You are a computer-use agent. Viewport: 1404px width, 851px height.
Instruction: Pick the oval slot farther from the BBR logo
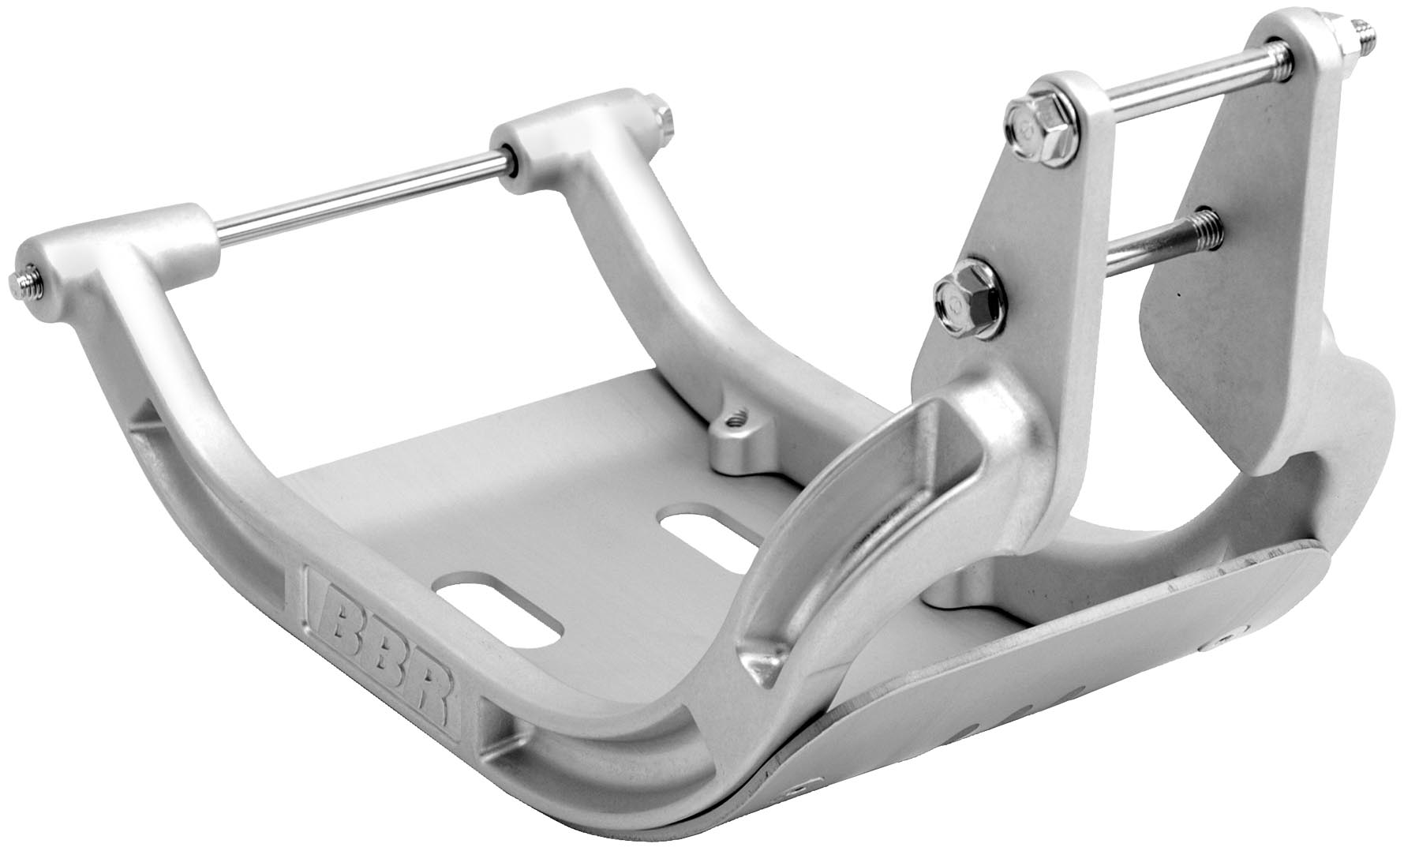pyautogui.click(x=704, y=527)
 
